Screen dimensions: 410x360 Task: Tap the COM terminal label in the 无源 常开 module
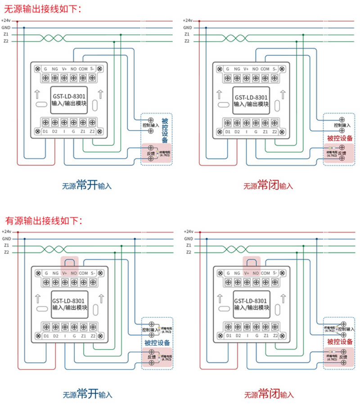coord(83,69)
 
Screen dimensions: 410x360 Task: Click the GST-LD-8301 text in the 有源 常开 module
coord(69,300)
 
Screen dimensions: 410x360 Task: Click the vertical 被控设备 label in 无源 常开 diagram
coord(165,131)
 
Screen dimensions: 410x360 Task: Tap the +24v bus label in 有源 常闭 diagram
coord(188,231)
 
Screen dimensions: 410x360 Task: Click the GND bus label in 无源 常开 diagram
coord(6,27)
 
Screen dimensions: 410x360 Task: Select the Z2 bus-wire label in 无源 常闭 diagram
coord(187,41)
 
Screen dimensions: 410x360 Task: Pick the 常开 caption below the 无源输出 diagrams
coord(87,185)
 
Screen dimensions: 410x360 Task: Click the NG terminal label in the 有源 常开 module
coord(55,273)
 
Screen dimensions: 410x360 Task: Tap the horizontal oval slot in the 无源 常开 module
coord(41,104)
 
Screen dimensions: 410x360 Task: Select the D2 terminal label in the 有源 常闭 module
coord(237,336)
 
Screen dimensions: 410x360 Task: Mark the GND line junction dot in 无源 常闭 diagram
coord(206,27)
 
